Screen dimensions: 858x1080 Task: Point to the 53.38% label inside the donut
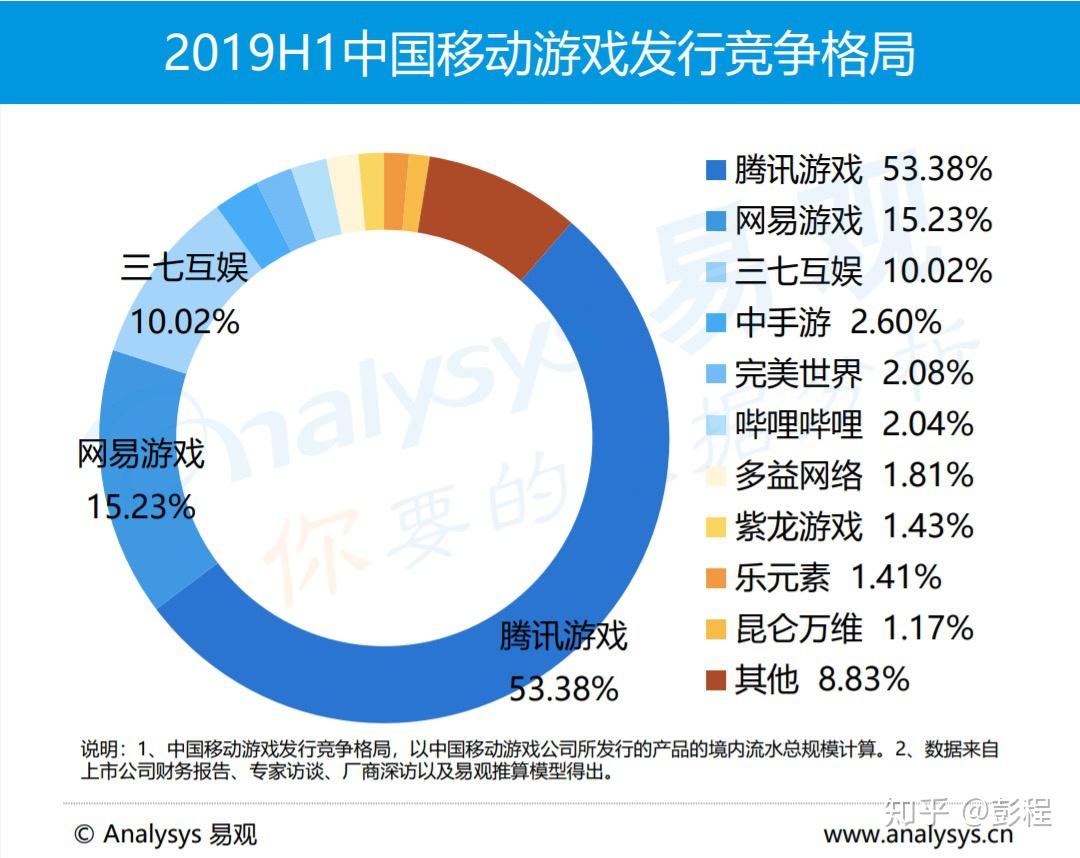click(x=564, y=688)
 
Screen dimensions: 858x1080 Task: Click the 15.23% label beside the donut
click(x=140, y=507)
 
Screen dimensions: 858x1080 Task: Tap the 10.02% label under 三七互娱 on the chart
click(x=184, y=322)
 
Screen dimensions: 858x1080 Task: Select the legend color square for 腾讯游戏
click(x=715, y=170)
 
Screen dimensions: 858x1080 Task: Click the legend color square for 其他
click(x=715, y=681)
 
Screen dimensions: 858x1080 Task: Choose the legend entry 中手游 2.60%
click(x=838, y=322)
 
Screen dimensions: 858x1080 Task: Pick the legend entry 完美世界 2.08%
click(x=854, y=373)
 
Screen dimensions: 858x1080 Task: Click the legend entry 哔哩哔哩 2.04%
click(x=854, y=424)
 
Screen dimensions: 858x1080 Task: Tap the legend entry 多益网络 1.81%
click(x=854, y=475)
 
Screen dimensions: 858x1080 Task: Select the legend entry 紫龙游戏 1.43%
click(x=854, y=526)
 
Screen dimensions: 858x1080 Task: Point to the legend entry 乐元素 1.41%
click(x=838, y=577)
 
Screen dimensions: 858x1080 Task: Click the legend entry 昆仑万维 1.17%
click(x=854, y=628)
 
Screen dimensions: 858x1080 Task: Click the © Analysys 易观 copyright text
click(x=165, y=833)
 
